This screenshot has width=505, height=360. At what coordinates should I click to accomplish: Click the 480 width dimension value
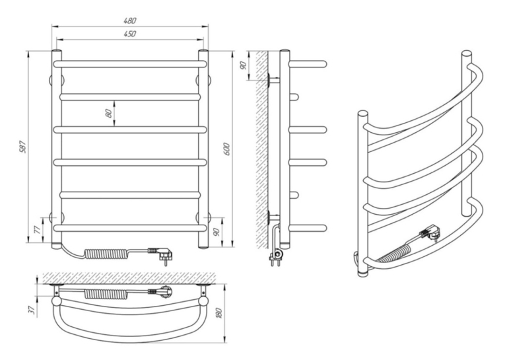130,20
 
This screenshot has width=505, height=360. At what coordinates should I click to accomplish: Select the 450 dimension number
130,34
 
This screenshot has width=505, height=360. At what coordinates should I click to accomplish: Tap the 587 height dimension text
22,147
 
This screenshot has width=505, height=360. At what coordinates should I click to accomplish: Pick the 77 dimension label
38,229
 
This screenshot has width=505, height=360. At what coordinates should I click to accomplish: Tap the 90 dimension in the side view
244,65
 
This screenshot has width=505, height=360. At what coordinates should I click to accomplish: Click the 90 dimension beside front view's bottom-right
217,231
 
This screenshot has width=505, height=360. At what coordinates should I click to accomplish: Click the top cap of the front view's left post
57,52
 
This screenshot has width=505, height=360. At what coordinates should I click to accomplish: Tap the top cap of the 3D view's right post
467,54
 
